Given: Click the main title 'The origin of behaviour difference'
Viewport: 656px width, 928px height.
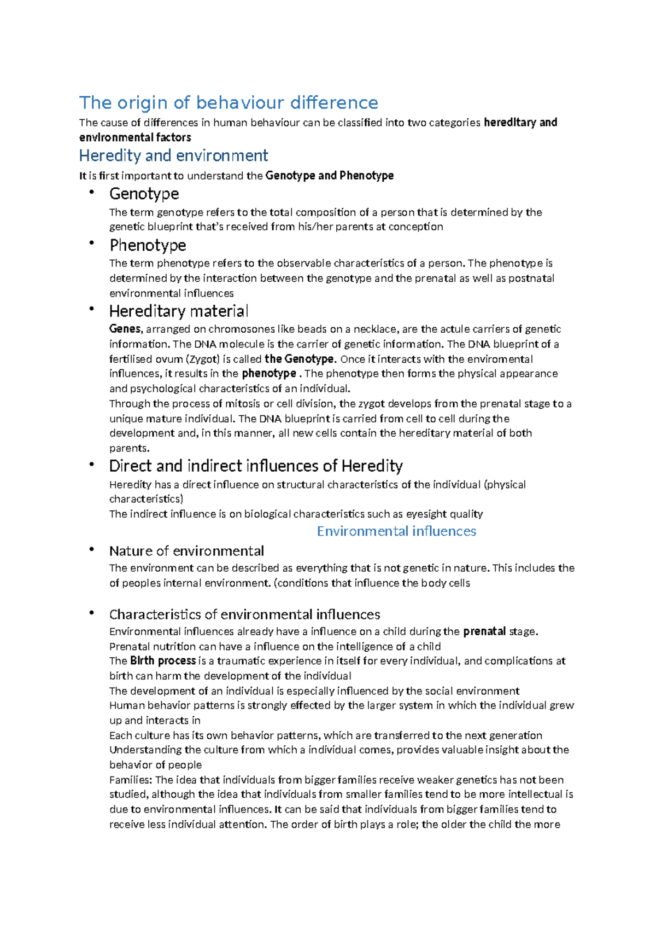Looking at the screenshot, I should coord(229,103).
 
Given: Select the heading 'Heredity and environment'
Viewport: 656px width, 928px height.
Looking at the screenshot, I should coord(173,156).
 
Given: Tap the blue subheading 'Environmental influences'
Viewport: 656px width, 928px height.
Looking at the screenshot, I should coord(396,531).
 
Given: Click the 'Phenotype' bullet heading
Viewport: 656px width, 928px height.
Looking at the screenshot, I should coord(148,245).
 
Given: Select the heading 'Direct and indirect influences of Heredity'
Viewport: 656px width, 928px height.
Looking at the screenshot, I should coord(256,466).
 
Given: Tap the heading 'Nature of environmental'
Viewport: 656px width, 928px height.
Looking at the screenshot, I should coord(186,551).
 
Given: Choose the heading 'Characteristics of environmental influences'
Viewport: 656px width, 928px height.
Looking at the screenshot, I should coord(244,614).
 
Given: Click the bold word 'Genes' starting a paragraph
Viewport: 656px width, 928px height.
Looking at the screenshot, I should coord(125,329).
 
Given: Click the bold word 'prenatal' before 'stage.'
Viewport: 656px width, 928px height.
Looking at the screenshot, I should coord(484,631).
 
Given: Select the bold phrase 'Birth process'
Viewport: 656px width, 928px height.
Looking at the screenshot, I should coord(163,661).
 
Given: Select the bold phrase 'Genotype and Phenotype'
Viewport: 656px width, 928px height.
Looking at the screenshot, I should coord(329,176).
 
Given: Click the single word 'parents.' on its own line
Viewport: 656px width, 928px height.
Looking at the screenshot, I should coord(129,449).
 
